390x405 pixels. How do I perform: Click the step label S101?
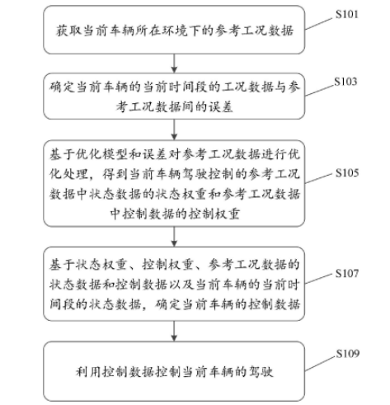coord(347,14)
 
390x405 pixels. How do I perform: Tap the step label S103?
coord(345,82)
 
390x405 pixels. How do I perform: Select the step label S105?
coord(347,172)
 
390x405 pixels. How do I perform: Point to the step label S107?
coord(347,273)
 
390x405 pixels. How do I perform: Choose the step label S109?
coord(347,354)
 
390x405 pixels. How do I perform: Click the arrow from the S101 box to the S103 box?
coord(174,64)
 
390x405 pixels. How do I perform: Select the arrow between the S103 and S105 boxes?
coord(174,130)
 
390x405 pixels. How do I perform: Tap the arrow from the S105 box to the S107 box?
coord(174,237)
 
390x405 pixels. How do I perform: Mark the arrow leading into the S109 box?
coord(174,331)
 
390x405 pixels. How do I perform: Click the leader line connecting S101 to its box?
coord(318,24)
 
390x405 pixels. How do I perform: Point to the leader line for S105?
coord(318,178)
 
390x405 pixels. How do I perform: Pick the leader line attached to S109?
coord(320,364)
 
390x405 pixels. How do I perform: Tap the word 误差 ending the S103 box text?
coord(221,106)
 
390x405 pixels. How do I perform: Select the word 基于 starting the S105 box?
coord(62,154)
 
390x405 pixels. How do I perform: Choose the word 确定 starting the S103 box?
coord(62,87)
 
